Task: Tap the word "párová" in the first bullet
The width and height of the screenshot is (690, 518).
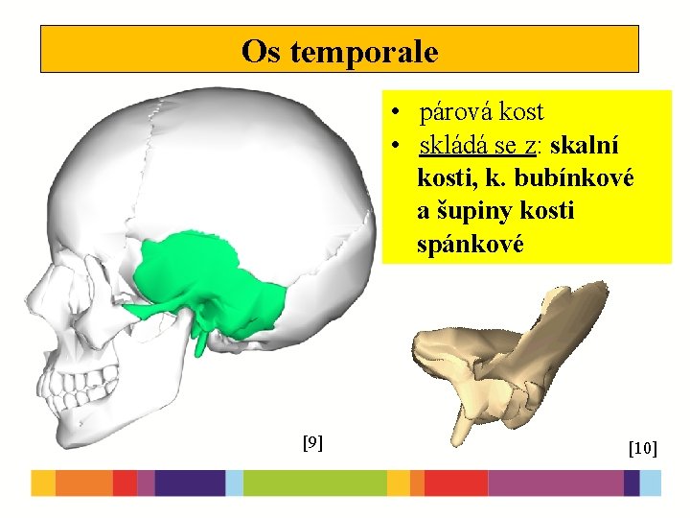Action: (456, 111)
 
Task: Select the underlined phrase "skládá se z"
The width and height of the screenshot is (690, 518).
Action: (476, 146)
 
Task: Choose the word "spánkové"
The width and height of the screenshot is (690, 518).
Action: (470, 244)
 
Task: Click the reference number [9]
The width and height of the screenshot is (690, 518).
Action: (311, 442)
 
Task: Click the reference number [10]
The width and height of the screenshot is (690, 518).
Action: (642, 447)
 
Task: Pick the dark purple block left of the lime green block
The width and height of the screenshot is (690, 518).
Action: (190, 483)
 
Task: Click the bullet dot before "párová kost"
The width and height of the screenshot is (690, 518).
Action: (395, 112)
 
